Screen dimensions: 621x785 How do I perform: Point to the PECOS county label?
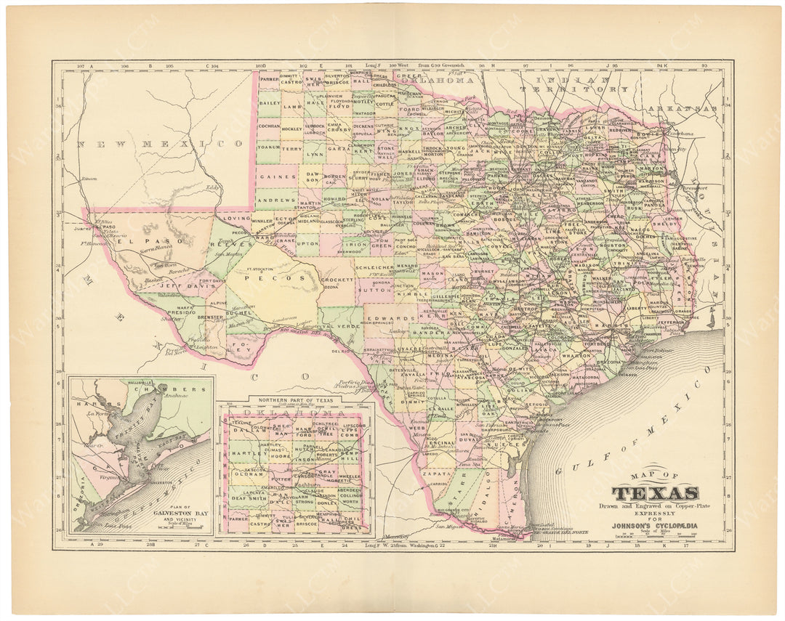click(x=270, y=277)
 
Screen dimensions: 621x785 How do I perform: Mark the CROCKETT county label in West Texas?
click(x=337, y=279)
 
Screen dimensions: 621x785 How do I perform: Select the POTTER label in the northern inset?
click(x=281, y=480)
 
